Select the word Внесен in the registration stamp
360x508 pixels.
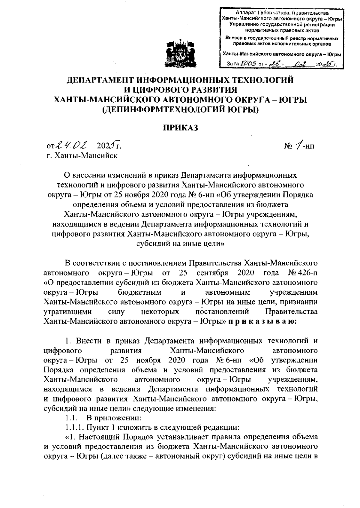pos(234,38)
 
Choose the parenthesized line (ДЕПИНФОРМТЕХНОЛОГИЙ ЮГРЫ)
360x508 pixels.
pos(180,110)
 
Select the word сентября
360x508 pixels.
pos(212,273)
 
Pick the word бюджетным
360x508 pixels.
pos(140,292)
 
